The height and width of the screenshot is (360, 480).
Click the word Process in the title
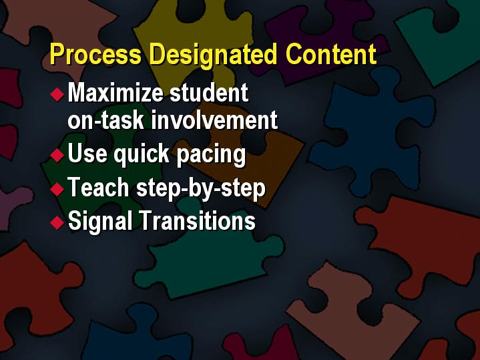click(x=95, y=54)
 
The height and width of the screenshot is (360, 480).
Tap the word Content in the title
click(x=331, y=54)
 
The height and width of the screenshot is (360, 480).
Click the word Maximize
click(x=115, y=92)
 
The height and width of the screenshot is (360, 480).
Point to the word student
click(x=209, y=92)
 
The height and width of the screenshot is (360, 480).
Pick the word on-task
click(x=105, y=120)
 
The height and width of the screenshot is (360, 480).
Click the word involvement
click(x=214, y=120)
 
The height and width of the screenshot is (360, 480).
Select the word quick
click(x=142, y=154)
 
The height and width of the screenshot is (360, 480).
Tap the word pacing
click(x=211, y=155)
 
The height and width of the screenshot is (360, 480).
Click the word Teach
click(x=98, y=187)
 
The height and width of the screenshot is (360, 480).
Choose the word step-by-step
click(x=201, y=188)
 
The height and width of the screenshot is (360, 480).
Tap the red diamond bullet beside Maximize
click(x=57, y=94)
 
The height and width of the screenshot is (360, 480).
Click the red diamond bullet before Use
click(x=57, y=155)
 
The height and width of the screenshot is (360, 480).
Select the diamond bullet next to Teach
click(x=57, y=189)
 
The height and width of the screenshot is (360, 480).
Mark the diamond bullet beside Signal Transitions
click(x=57, y=222)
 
